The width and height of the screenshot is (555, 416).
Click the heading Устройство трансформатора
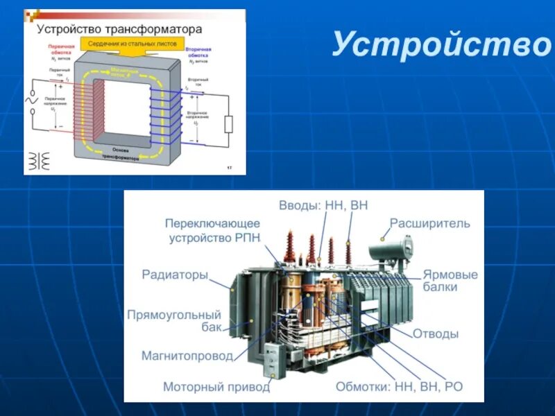tap(119, 29)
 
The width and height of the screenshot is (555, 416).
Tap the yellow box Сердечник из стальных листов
tap(132, 43)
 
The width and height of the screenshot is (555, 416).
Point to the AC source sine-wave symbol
tap(31, 101)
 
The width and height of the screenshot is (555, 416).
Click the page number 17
tap(230, 168)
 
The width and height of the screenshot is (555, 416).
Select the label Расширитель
tap(429, 223)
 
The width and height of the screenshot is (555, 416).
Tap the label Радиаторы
tap(175, 275)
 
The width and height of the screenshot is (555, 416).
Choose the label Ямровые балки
tap(450, 280)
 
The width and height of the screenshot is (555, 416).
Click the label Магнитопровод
tap(187, 356)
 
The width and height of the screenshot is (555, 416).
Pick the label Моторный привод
tap(216, 386)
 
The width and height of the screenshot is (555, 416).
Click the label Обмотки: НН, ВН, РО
tap(399, 386)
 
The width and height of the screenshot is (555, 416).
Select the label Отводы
tap(436, 333)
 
